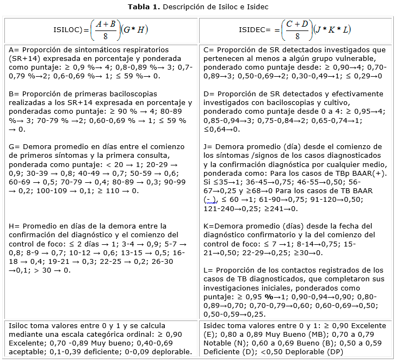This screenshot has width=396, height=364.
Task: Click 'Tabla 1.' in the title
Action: coord(143,7)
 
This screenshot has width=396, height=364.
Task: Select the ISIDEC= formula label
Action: coord(256,30)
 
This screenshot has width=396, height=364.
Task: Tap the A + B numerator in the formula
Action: coord(105,23)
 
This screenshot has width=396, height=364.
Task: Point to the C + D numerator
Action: coord(298,23)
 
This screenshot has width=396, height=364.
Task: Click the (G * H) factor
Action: coord(134,30)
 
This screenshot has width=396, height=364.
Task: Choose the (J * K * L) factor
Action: coord(332,30)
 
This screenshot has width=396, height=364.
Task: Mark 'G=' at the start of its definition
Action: coord(14,146)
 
